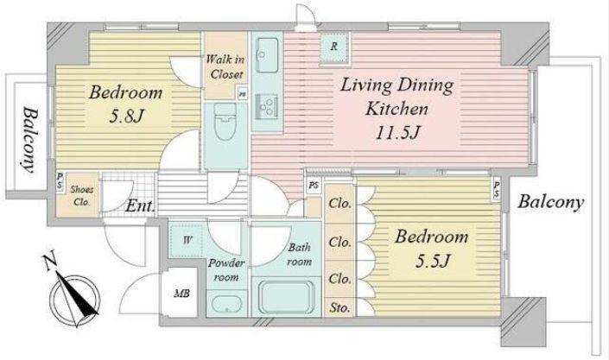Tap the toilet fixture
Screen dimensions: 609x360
point(225,121)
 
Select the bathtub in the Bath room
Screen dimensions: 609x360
point(286,297)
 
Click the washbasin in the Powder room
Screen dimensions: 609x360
point(226,304)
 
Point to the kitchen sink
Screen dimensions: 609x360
point(267,55)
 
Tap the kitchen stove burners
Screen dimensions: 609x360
point(267,106)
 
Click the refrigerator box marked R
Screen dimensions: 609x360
point(334,47)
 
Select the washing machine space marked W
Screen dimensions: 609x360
point(187,240)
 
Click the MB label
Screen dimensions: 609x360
point(181,294)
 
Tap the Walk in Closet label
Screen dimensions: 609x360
point(225,66)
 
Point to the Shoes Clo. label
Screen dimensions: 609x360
point(81,196)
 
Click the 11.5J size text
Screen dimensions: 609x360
point(397,133)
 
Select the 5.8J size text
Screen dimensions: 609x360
point(127,117)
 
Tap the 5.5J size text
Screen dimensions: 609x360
point(432,261)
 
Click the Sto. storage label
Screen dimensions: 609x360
point(339,308)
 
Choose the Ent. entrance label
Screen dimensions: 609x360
point(140,206)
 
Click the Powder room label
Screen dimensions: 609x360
point(226,270)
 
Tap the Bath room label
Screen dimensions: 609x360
point(299,255)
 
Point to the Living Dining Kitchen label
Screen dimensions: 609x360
point(397,97)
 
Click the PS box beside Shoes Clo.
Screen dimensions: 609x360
point(60,181)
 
